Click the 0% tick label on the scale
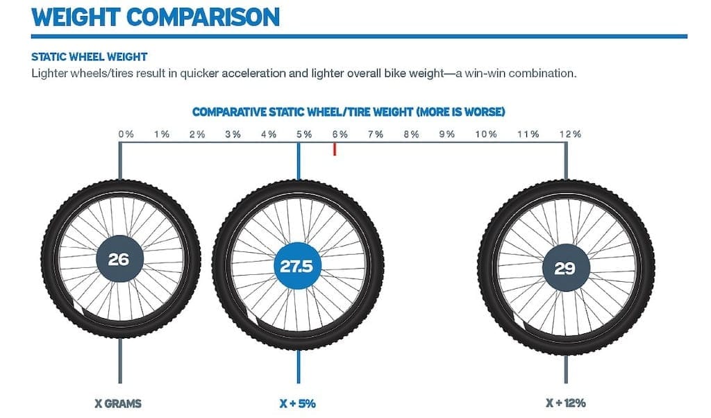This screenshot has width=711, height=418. (126, 133)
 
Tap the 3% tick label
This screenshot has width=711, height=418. (233, 133)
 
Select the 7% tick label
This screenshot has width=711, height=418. (375, 133)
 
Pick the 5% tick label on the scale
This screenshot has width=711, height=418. (303, 133)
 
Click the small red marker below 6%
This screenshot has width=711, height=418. (335, 149)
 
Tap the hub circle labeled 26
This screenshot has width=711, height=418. (118, 260)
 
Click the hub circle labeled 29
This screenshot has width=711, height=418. (564, 267)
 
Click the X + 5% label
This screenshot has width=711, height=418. (298, 402)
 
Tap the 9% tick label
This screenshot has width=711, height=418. (446, 133)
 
